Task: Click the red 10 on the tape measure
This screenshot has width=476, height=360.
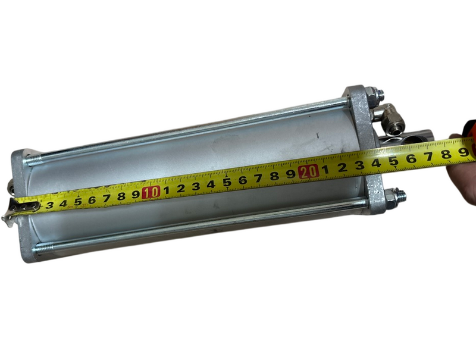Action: pos(151,192)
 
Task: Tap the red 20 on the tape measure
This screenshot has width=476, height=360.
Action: pos(308,171)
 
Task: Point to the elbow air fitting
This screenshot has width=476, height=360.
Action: pos(387,118)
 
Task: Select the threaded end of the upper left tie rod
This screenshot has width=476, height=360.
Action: pos(33,159)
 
